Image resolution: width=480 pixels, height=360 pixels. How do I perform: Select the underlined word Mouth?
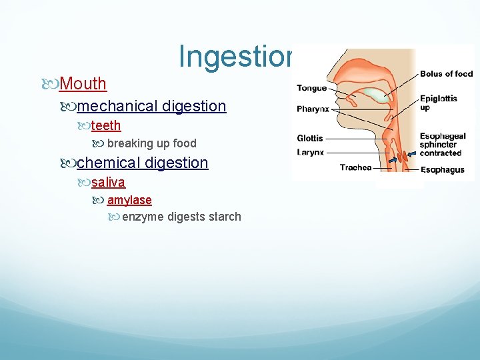pyautogui.click(x=83, y=84)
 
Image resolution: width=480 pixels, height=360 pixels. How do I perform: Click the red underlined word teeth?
pyautogui.click(x=106, y=126)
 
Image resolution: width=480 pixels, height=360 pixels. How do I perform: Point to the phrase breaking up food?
pyautogui.click(x=151, y=143)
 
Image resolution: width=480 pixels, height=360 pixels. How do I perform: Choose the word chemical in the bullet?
pyautogui.click(x=109, y=163)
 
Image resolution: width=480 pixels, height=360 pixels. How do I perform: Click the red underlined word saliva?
pyautogui.click(x=108, y=182)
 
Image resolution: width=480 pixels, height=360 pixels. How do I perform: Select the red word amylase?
pyautogui.click(x=129, y=200)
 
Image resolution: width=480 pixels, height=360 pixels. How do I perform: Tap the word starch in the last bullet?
pyautogui.click(x=224, y=217)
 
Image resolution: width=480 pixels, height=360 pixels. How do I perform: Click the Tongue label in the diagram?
pyautogui.click(x=311, y=88)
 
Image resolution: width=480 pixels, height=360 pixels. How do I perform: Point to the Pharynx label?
pyautogui.click(x=312, y=109)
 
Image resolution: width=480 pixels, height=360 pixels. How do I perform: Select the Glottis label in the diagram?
pyautogui.click(x=310, y=139)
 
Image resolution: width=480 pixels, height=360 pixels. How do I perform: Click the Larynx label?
pyautogui.click(x=310, y=152)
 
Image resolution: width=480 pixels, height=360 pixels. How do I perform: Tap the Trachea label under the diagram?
pyautogui.click(x=355, y=168)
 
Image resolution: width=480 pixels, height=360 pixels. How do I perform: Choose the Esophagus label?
pyautogui.click(x=442, y=170)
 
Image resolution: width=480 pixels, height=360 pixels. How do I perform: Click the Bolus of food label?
pyautogui.click(x=446, y=74)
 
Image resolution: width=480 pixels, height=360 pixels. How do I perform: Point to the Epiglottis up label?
pyautogui.click(x=438, y=103)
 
